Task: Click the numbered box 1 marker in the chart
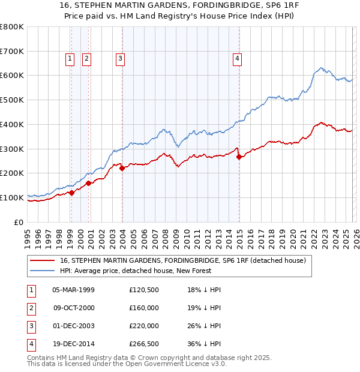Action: pyautogui.click(x=70, y=58)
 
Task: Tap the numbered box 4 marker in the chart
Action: pyautogui.click(x=238, y=58)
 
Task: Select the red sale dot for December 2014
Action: pyautogui.click(x=239, y=157)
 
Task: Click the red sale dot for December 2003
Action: pyautogui.click(x=122, y=169)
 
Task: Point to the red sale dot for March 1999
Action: pyautogui.click(x=71, y=193)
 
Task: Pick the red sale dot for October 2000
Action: pyautogui.click(x=88, y=183)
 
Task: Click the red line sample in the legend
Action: pyautogui.click(x=42, y=261)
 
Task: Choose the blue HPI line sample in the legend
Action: pyautogui.click(x=42, y=271)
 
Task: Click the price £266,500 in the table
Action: pyautogui.click(x=144, y=344)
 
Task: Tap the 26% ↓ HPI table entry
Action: pyautogui.click(x=204, y=326)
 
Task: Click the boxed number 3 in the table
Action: pyautogui.click(x=31, y=326)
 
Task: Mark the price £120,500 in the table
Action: pyautogui.click(x=144, y=290)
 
